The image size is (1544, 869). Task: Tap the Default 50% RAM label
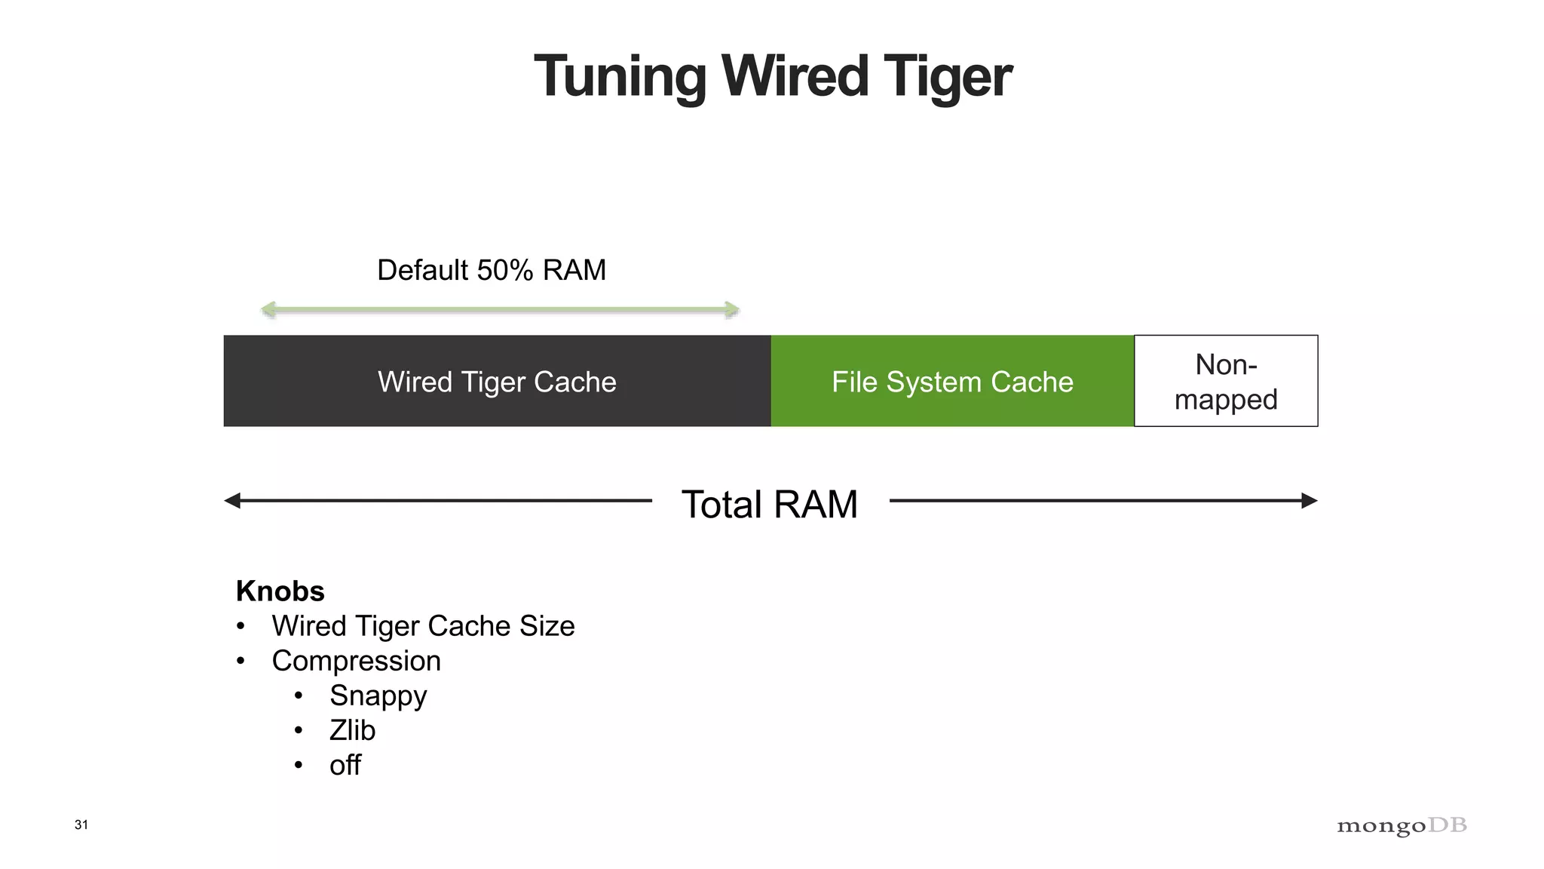(492, 270)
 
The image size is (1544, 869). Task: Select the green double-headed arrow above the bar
(500, 309)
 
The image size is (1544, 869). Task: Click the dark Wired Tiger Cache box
(497, 382)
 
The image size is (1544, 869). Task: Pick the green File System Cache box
(952, 382)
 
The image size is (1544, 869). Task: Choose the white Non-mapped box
(1226, 382)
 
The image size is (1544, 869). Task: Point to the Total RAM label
(770, 504)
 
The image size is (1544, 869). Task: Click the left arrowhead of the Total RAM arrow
(233, 501)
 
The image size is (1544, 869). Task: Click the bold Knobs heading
(280, 591)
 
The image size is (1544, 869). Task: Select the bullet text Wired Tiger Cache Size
(423, 626)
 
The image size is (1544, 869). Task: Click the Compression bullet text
(356, 661)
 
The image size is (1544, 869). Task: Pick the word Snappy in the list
(378, 696)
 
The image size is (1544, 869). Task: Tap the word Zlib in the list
(352, 730)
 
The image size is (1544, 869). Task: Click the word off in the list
(345, 765)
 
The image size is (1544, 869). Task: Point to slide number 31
(81, 824)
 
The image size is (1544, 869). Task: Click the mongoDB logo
(1402, 826)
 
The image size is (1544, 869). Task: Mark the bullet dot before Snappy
(299, 696)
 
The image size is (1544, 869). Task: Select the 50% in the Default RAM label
(504, 270)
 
